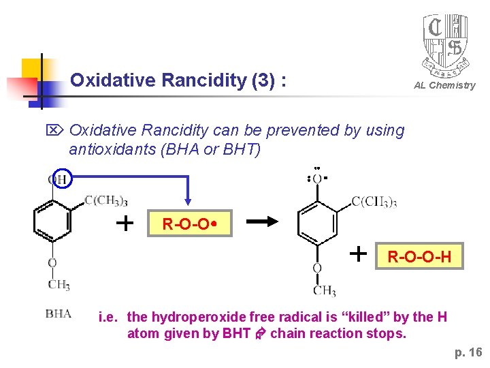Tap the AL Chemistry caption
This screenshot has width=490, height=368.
pos(444,85)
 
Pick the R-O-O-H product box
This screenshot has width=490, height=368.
pos(419,257)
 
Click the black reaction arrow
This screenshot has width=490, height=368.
pos(265,221)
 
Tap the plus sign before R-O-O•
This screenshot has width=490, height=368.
pos(125,222)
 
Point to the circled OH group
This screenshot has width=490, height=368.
pos(58,180)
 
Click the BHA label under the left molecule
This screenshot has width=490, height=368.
pos(58,313)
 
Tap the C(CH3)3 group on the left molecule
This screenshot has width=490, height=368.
pos(105,200)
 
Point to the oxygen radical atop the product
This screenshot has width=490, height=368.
pos(317,179)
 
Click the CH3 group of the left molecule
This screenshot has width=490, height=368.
pos(59,284)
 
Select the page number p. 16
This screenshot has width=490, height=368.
pos(468,352)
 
